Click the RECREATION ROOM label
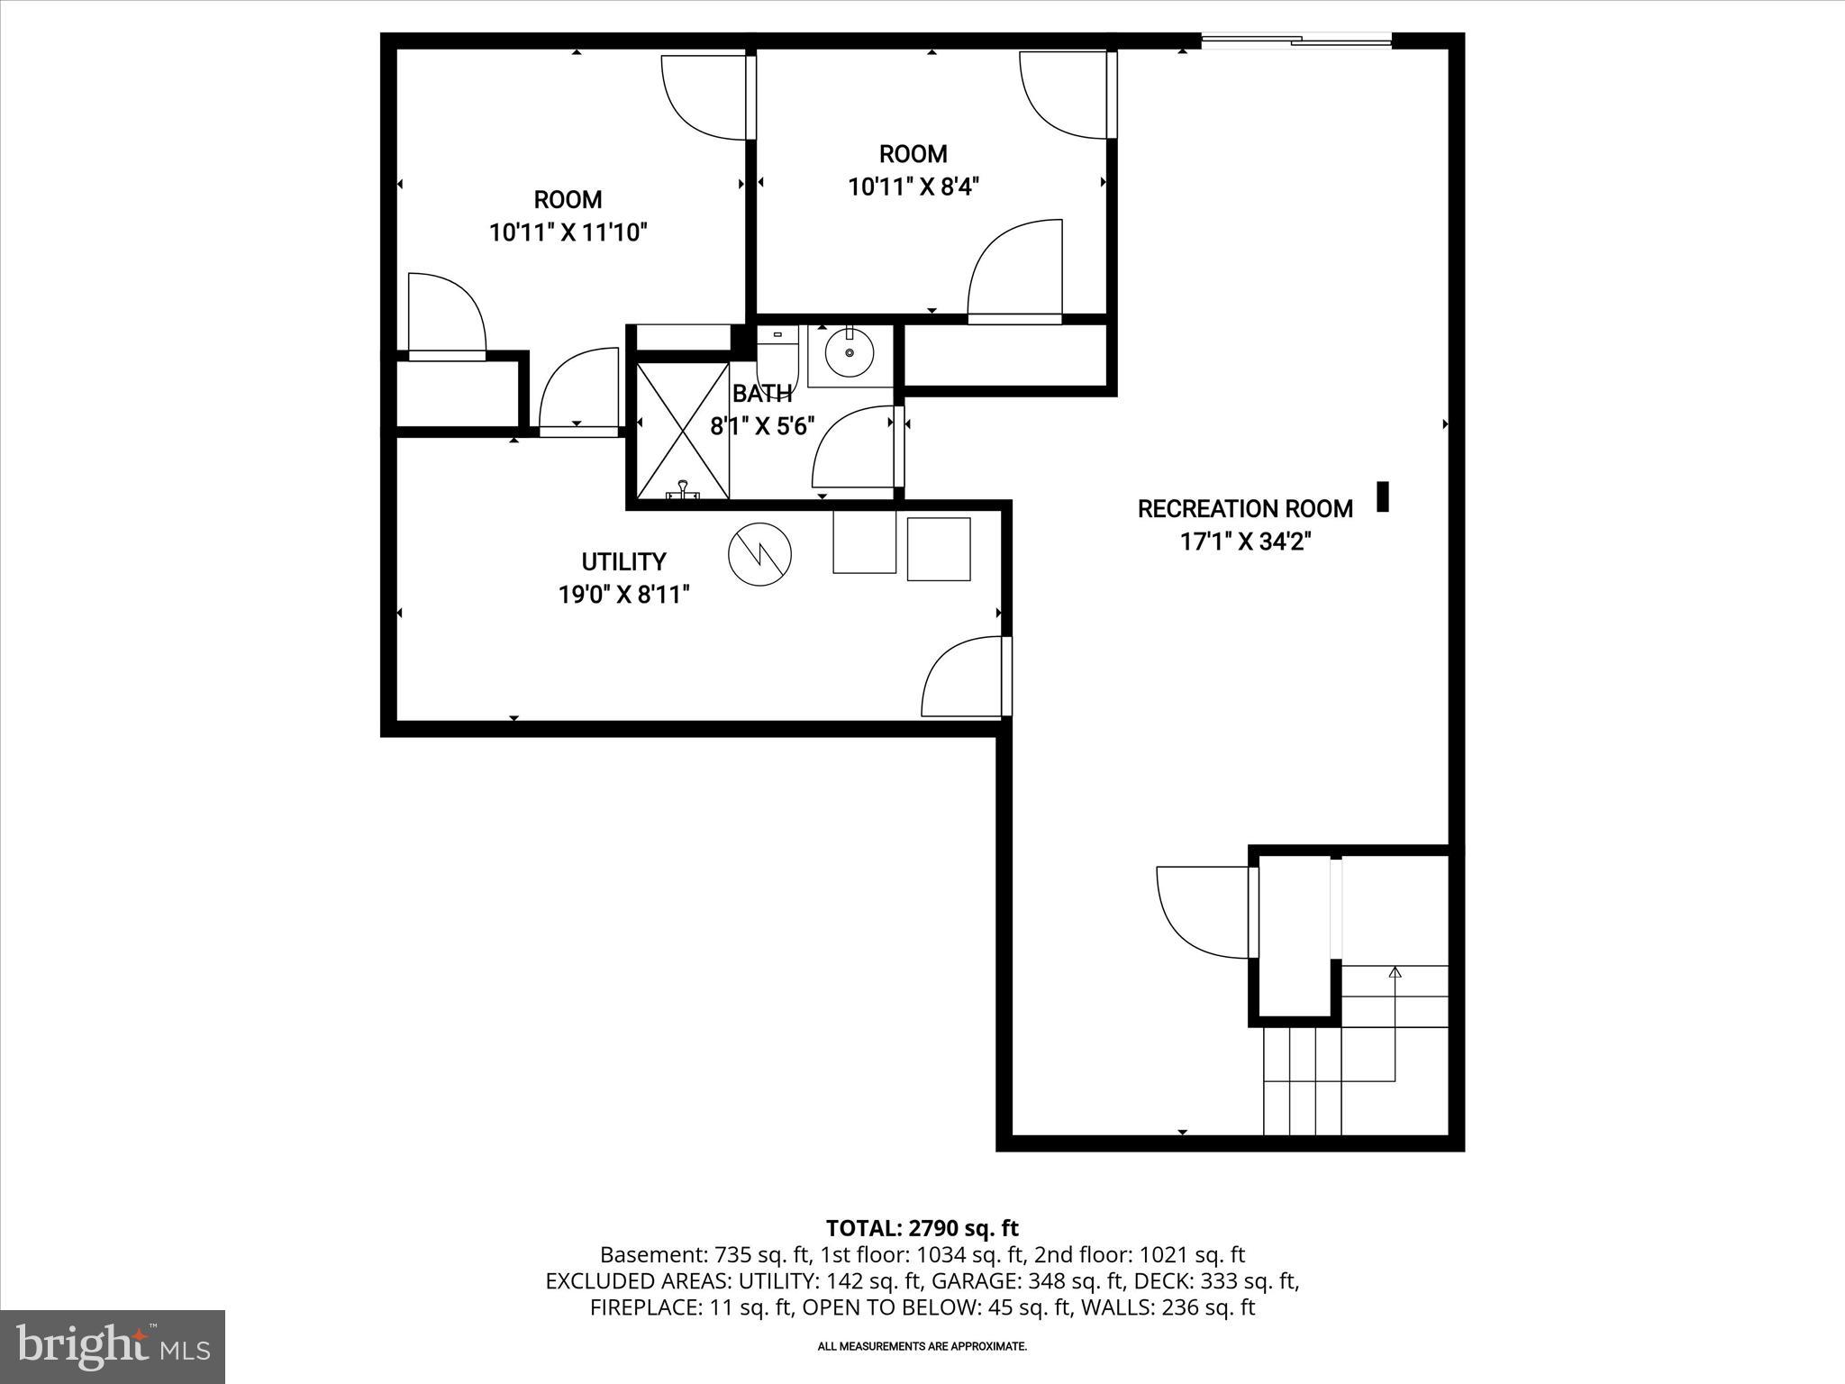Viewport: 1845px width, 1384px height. (1244, 509)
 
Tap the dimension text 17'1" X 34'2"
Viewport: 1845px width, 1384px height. (1244, 542)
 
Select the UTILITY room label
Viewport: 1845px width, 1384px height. (623, 562)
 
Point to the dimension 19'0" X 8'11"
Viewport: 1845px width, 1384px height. (623, 596)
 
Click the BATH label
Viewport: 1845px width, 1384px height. (762, 394)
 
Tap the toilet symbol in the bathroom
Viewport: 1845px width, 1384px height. (777, 356)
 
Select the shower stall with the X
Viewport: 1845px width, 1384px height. (682, 430)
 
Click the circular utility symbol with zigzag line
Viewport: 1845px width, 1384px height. (759, 555)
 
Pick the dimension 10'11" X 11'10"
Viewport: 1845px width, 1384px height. (568, 233)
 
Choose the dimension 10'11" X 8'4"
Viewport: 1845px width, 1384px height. (913, 187)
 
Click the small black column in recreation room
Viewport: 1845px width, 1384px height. (1383, 496)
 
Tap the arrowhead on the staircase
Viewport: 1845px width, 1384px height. (1395, 972)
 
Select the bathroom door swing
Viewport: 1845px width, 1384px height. (854, 448)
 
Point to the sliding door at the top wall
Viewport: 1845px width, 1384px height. (1296, 40)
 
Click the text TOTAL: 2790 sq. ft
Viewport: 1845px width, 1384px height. (922, 1228)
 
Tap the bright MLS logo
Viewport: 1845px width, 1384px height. (113, 1347)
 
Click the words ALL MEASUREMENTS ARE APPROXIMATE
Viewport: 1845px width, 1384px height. (922, 1346)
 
